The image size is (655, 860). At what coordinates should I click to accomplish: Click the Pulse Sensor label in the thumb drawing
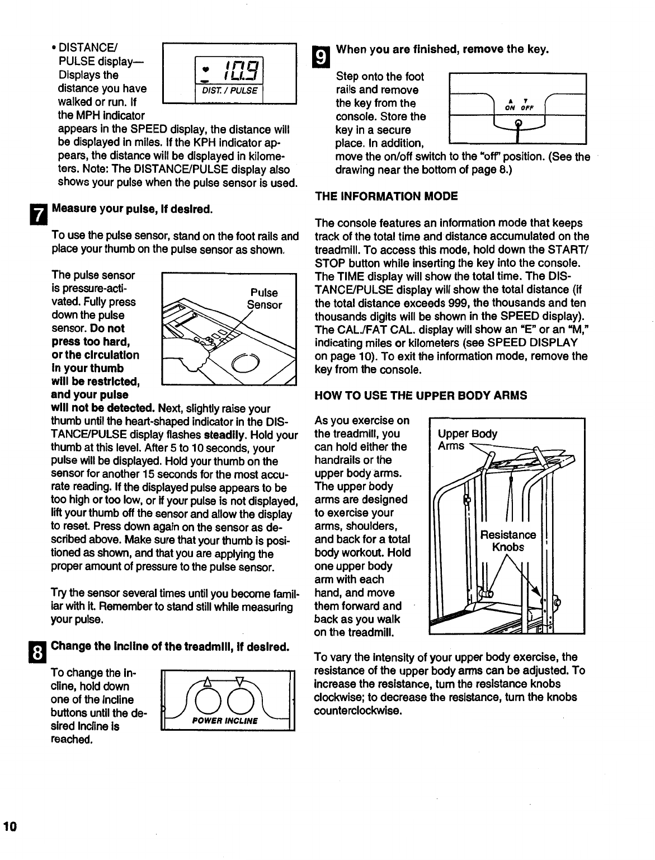(x=264, y=299)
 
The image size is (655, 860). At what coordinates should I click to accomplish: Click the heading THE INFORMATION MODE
(x=387, y=196)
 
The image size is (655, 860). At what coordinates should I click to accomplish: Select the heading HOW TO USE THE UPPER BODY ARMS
(x=421, y=396)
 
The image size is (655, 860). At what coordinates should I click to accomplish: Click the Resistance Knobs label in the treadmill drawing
(x=508, y=541)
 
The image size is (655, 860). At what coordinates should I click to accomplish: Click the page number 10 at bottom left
(x=10, y=827)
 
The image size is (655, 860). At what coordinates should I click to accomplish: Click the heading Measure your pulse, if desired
(x=132, y=210)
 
